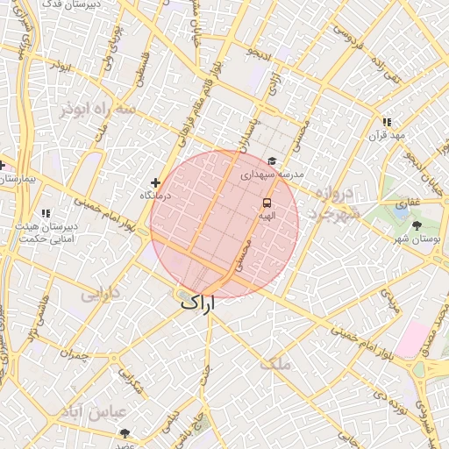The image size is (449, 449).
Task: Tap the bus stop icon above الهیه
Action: (x=266, y=203)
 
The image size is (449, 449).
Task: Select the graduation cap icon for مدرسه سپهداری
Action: (x=273, y=161)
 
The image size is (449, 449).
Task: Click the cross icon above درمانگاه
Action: (x=155, y=182)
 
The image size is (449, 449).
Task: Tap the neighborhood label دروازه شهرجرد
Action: (x=334, y=203)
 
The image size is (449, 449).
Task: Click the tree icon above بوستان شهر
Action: (x=416, y=225)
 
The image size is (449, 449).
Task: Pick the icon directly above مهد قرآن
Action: (x=386, y=122)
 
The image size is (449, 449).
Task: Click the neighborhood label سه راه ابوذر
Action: (x=98, y=109)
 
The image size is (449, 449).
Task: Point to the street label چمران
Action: (x=75, y=353)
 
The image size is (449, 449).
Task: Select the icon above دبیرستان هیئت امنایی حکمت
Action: (x=46, y=212)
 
